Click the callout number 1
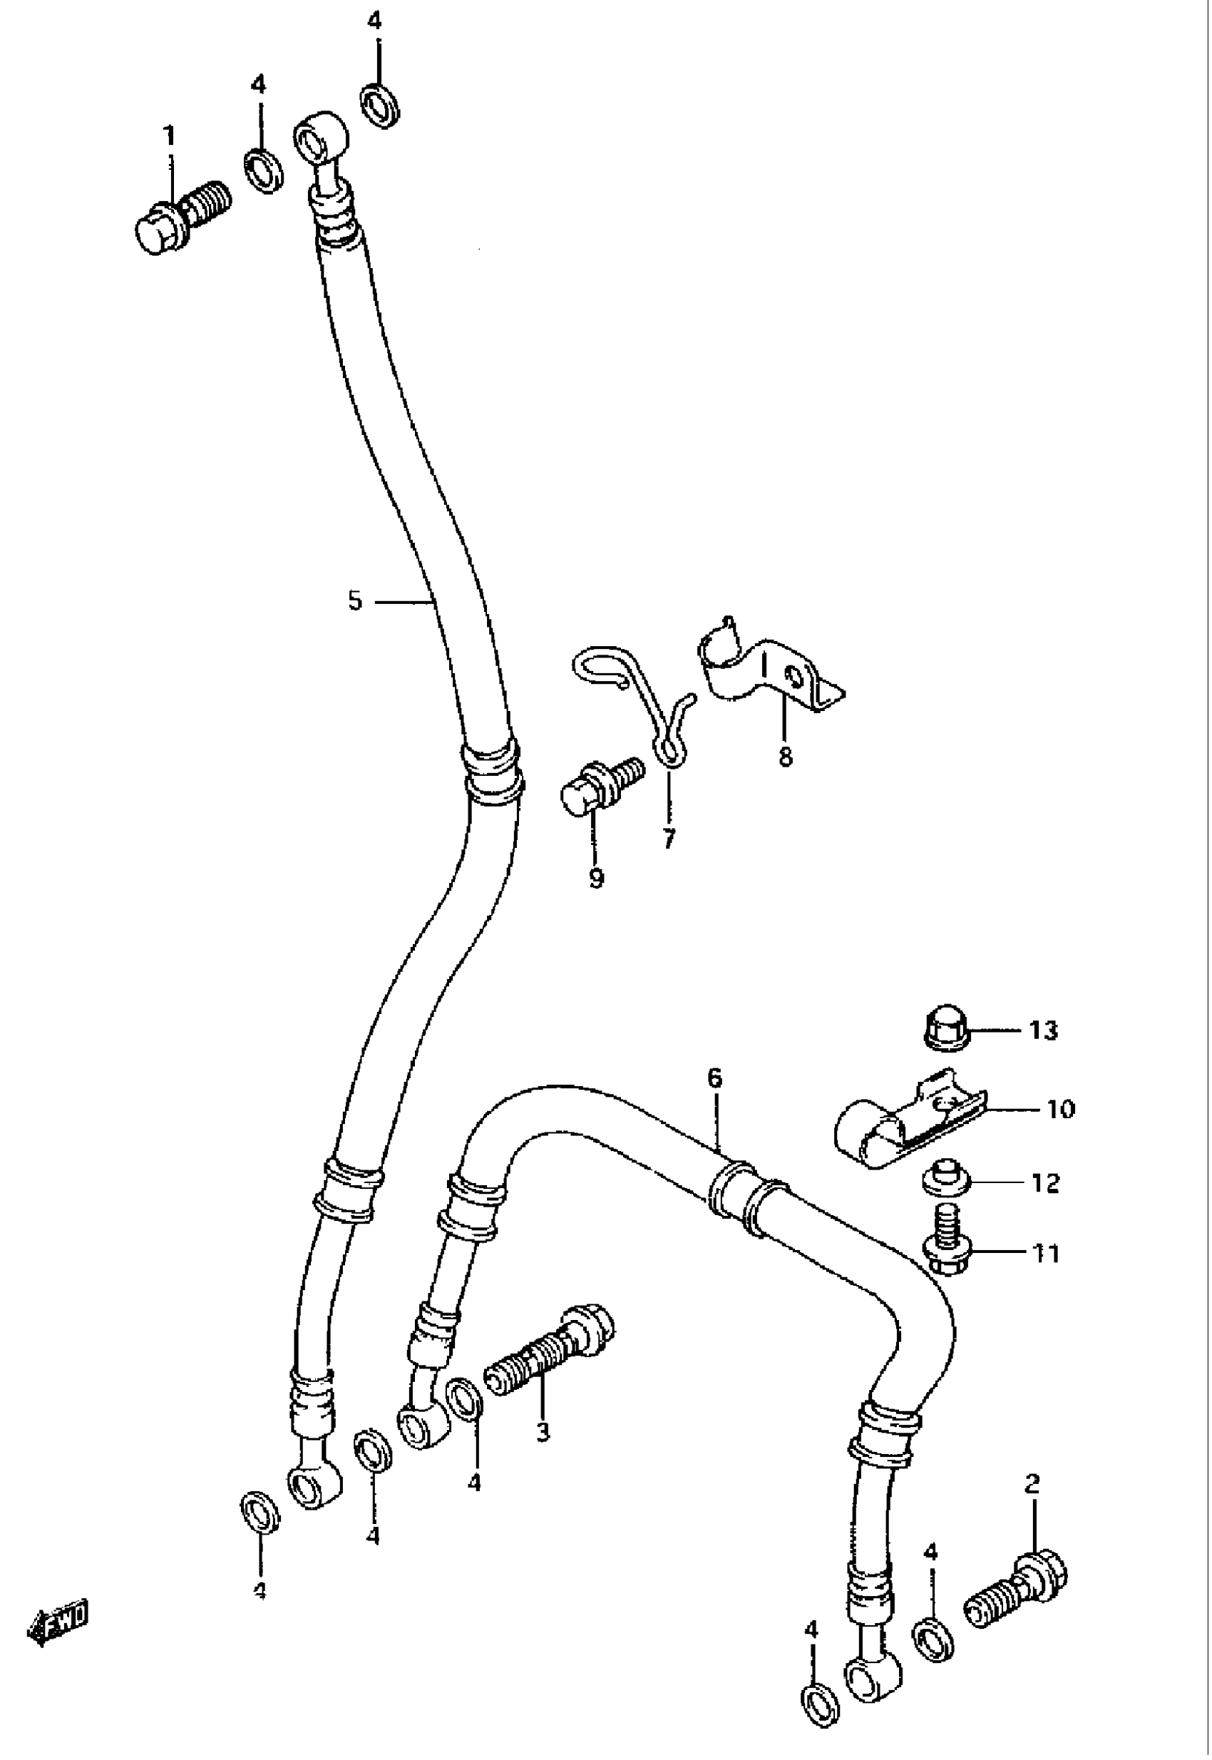(x=170, y=137)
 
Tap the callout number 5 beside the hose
(x=355, y=602)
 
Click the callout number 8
(x=785, y=756)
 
